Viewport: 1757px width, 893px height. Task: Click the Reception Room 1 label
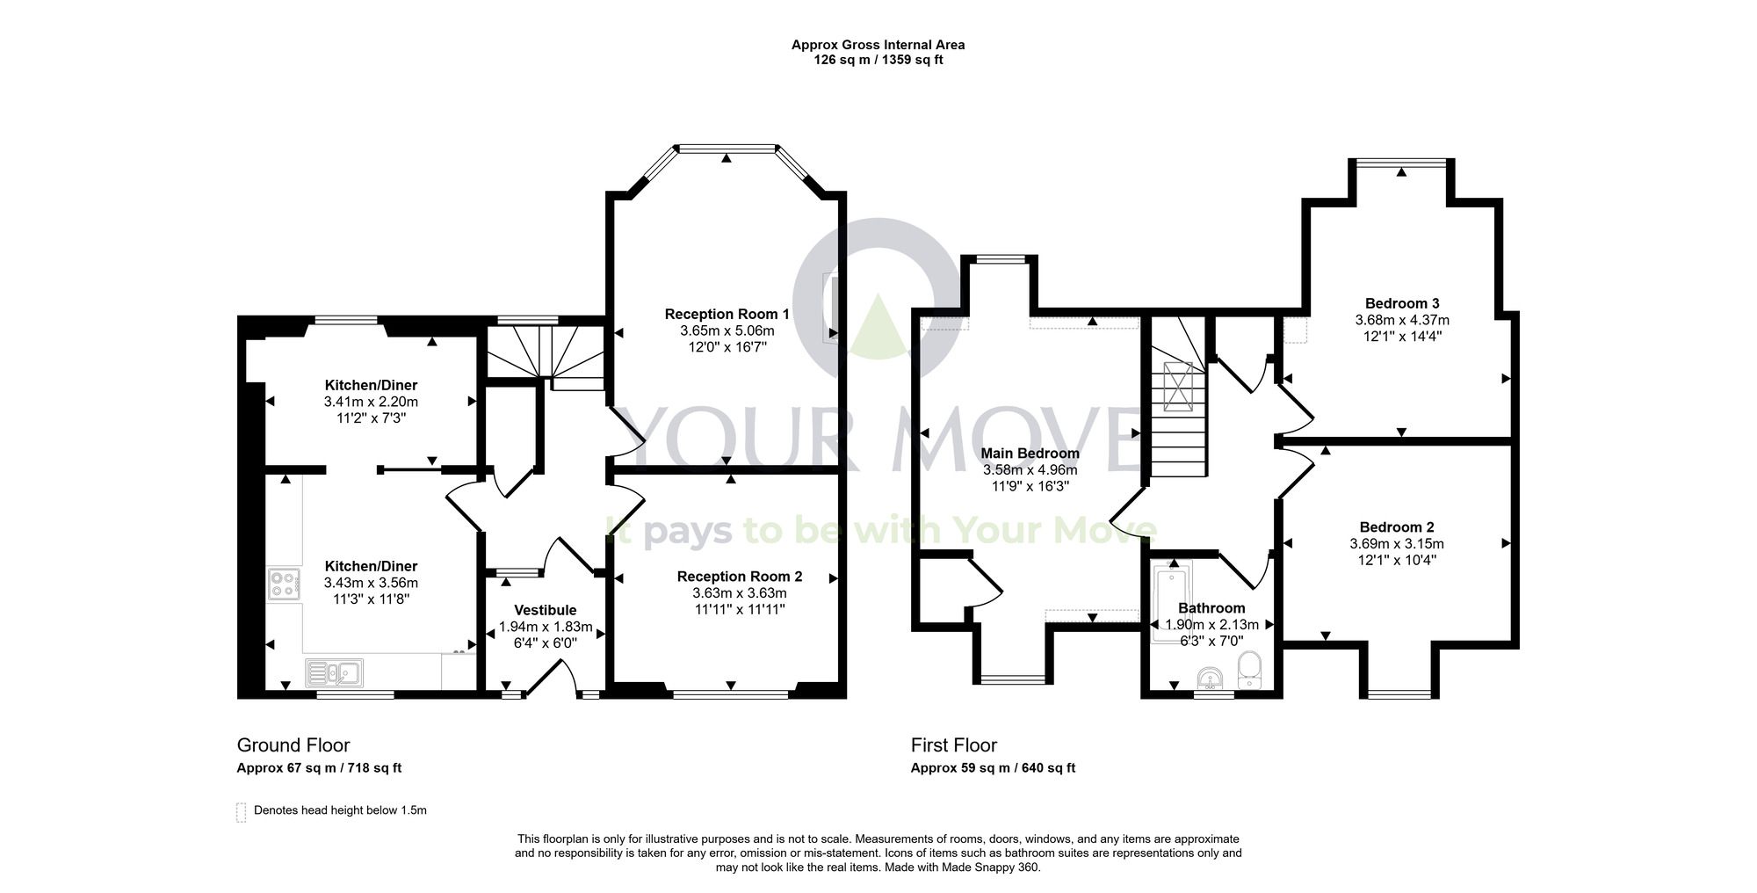coord(727,314)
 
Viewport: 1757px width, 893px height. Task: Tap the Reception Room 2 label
coord(740,577)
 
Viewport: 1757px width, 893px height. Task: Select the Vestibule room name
coord(546,610)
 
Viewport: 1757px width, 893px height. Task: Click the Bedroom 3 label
coord(1402,304)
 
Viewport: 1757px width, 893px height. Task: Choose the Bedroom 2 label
coord(1397,527)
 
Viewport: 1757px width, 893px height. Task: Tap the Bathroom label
coord(1211,608)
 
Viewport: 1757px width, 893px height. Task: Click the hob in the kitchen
coord(284,584)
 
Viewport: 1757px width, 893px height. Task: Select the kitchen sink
coord(334,673)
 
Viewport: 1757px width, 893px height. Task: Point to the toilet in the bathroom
coord(1248,671)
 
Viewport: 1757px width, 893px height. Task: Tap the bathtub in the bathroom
coord(1172,603)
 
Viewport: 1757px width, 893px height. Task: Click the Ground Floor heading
coord(293,745)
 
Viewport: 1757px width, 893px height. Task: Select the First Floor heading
coord(954,745)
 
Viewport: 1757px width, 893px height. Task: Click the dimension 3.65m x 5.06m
coord(727,330)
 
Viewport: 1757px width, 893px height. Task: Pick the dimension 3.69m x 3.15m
coord(1397,544)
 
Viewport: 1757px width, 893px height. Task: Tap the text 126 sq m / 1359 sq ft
coord(878,61)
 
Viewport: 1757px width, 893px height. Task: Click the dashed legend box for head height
coord(242,812)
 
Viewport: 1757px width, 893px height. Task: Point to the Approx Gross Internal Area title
coord(878,45)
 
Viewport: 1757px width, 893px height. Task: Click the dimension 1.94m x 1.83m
coord(546,627)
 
